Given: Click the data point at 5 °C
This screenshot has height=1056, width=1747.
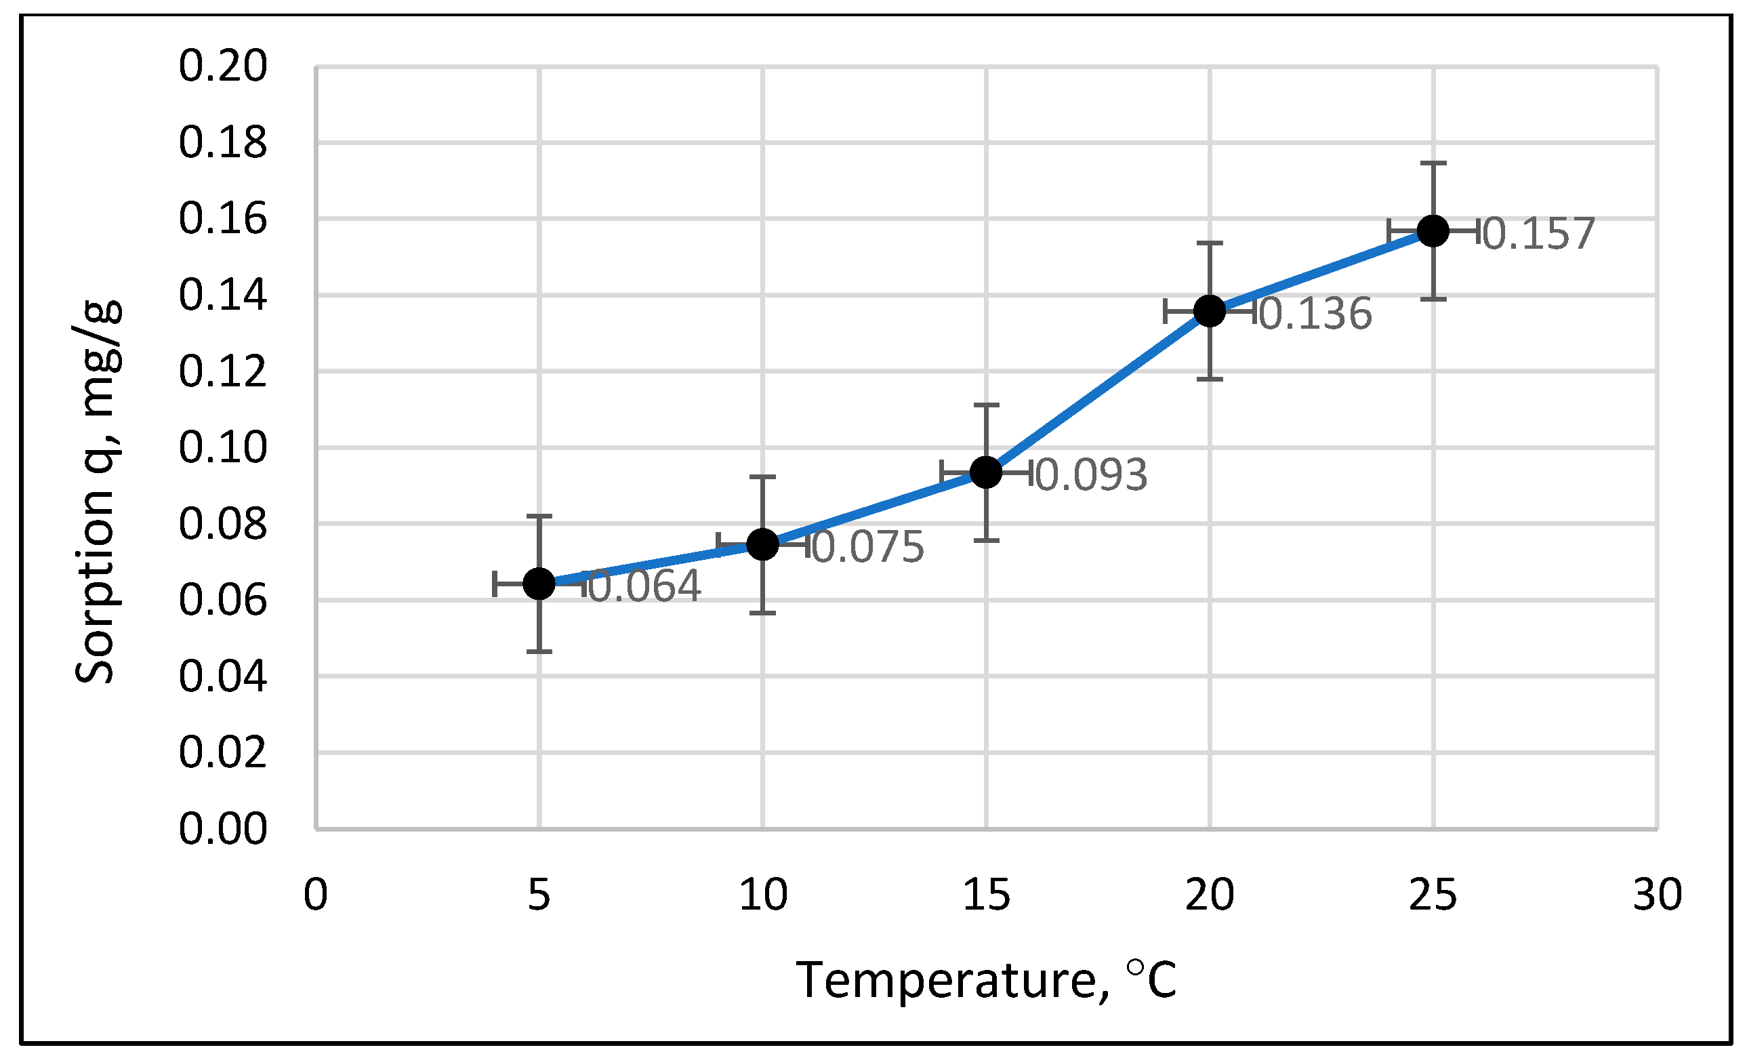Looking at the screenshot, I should tap(539, 584).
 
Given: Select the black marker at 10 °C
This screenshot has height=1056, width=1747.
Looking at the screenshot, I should tap(762, 544).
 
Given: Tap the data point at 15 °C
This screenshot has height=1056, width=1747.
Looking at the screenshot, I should tap(985, 472).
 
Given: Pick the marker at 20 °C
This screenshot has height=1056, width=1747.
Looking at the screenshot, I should tap(1210, 310).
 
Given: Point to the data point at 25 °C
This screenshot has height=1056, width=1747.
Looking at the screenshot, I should tap(1433, 230).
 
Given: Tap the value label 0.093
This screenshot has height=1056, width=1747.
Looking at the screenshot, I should tap(1091, 474).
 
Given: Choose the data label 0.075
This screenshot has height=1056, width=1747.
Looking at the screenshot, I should tap(868, 547).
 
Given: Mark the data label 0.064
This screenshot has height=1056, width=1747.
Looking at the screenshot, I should tap(644, 586).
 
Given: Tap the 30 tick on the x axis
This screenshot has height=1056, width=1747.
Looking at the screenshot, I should tap(1657, 894).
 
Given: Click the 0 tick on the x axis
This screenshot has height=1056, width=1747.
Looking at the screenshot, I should tap(316, 894).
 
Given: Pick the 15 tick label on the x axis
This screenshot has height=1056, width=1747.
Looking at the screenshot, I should tap(985, 894).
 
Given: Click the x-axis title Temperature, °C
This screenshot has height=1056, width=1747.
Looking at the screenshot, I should tap(985, 980).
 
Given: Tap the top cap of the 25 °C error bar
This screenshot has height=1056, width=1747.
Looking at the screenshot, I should tap(1433, 163).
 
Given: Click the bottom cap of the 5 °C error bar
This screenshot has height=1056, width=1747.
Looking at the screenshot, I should tap(539, 651).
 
